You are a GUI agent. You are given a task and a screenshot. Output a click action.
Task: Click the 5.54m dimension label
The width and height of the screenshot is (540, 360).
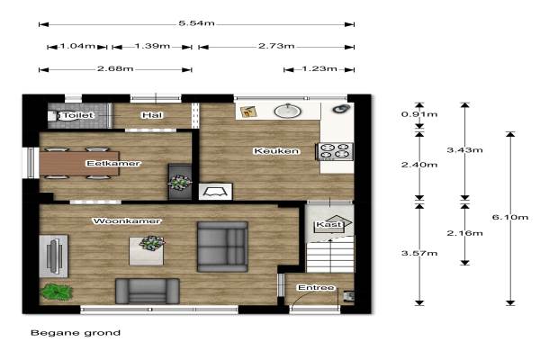[196, 23]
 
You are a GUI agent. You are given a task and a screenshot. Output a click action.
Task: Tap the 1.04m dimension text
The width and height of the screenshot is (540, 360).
[77, 46]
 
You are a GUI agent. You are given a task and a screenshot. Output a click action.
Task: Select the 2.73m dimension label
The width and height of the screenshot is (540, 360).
[276, 46]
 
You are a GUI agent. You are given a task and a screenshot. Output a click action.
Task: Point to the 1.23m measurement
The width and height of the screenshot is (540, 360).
[319, 68]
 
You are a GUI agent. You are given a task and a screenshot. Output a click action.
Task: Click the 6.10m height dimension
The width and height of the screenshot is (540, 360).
[510, 217]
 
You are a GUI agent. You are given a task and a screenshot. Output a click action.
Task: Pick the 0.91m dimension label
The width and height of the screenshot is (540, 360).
[419, 114]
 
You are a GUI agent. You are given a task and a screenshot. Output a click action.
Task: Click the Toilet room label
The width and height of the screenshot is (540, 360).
[78, 115]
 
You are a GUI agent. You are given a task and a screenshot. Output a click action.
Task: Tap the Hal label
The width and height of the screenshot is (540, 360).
[152, 115]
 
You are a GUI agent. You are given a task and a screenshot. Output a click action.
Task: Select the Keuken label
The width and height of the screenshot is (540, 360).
[276, 151]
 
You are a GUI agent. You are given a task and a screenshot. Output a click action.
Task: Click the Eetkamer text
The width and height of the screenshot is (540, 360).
[113, 163]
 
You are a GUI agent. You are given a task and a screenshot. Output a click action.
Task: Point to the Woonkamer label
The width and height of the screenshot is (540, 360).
[127, 220]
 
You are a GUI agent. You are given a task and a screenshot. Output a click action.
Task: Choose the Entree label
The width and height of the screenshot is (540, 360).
[316, 287]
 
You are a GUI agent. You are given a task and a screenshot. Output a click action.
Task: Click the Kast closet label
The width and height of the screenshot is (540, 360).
[329, 225]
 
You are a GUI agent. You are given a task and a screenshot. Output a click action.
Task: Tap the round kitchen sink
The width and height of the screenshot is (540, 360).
[288, 112]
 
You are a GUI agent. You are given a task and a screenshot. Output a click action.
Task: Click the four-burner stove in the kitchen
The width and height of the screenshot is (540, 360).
[335, 151]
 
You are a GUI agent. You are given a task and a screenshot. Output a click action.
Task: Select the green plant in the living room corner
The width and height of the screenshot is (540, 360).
[56, 292]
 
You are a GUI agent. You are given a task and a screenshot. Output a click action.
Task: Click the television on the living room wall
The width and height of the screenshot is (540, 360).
[54, 256]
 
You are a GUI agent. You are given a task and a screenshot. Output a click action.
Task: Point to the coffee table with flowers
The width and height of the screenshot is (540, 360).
[147, 251]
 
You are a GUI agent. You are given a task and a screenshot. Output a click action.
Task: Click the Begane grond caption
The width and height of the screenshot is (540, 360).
[76, 333]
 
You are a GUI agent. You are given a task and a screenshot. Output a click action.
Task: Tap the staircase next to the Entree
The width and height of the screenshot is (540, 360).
[330, 254]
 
